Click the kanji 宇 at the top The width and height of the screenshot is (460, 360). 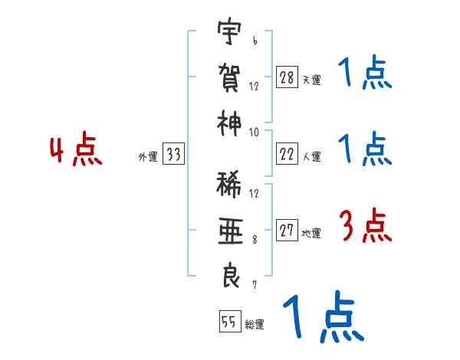pyautogui.click(x=230, y=34)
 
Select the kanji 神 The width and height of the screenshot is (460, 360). pyautogui.click(x=230, y=120)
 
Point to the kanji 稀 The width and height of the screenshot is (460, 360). pyautogui.click(x=230, y=186)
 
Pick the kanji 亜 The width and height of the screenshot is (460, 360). pyautogui.click(x=230, y=231)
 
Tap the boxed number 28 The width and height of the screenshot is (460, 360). pyautogui.click(x=287, y=76)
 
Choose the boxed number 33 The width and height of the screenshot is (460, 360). pyautogui.click(x=173, y=155)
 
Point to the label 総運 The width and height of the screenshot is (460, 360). pyautogui.click(x=255, y=325)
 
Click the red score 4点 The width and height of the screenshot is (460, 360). pyautogui.click(x=76, y=150)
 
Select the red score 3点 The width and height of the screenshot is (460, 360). pyautogui.click(x=365, y=227)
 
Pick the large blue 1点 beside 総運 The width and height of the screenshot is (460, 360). pyautogui.click(x=322, y=319)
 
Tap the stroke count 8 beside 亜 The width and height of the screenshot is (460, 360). pyautogui.click(x=255, y=239)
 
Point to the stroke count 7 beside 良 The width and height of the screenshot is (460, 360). pyautogui.click(x=255, y=284)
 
